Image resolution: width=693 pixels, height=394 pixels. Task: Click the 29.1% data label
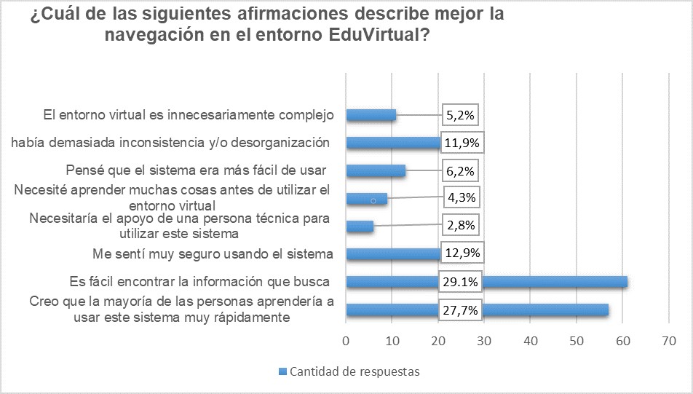pos(459,282)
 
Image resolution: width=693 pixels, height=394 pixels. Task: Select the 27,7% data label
pos(459,310)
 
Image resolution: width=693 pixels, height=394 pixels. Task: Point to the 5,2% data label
pos(462,114)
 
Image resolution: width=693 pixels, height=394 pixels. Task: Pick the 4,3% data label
pos(462,197)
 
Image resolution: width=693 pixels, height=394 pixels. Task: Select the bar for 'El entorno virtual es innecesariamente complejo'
pos(371,115)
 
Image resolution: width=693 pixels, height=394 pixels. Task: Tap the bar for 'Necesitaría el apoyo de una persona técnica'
pos(360,226)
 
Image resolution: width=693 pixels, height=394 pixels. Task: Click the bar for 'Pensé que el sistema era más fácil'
pos(376,171)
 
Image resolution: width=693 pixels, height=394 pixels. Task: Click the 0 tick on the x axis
pos(346,340)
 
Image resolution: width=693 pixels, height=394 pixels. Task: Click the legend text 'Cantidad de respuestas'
pos(355,371)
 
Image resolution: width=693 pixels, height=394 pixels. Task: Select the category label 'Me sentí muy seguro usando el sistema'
pos(213,254)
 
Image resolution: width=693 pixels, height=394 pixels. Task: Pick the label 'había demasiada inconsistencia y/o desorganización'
pos(171,142)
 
